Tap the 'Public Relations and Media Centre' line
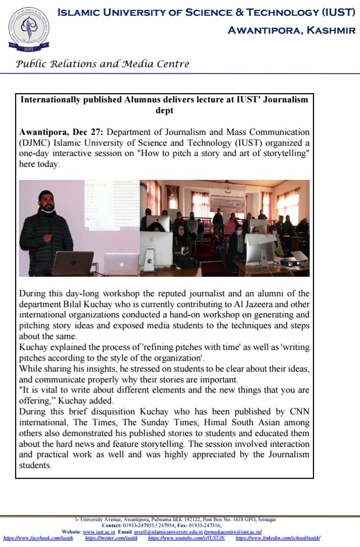[x=103, y=64]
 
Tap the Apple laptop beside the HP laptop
[x=121, y=264]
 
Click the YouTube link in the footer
[x=186, y=538]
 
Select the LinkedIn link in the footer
[x=278, y=538]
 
